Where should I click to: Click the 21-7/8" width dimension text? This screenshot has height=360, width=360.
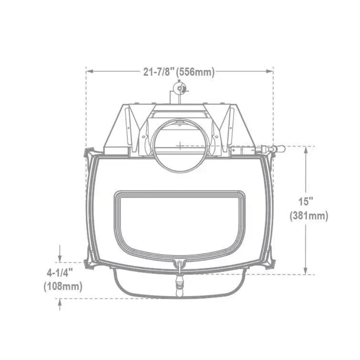click(x=157, y=72)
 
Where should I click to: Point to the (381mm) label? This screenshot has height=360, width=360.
click(x=309, y=216)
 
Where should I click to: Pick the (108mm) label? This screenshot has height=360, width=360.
click(x=63, y=286)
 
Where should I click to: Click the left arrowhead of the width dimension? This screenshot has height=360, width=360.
click(x=89, y=71)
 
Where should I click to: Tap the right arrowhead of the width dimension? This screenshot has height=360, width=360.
click(x=269, y=71)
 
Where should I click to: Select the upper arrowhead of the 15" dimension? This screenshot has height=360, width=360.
click(x=306, y=150)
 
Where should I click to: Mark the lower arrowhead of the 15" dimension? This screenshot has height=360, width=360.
click(x=305, y=271)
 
